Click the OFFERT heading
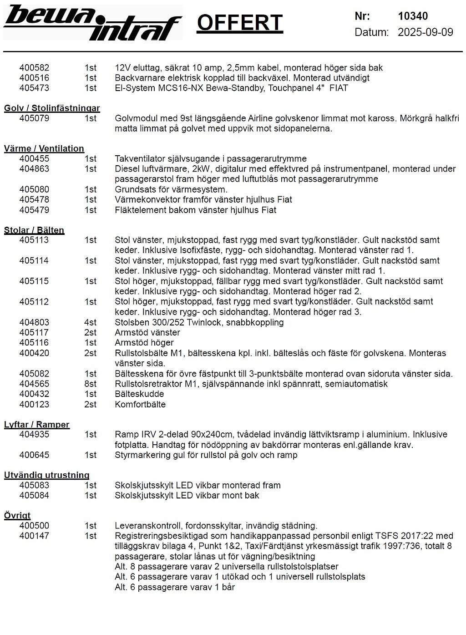[x=240, y=23]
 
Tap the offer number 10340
[x=413, y=16]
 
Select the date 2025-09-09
[x=425, y=32]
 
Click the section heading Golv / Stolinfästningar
[x=52, y=108]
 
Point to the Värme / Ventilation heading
[x=44, y=148]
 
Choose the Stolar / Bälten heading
[x=34, y=230]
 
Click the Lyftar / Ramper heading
[x=37, y=424]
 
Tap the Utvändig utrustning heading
[x=47, y=475]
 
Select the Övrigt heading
[x=17, y=515]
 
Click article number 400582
[x=34, y=68]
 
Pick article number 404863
[x=34, y=169]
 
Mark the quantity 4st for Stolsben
[x=91, y=322]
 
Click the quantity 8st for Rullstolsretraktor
[x=91, y=384]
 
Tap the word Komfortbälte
[x=140, y=404]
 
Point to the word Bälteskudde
[x=139, y=394]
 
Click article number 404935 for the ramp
[x=34, y=434]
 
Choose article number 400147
[x=34, y=536]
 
